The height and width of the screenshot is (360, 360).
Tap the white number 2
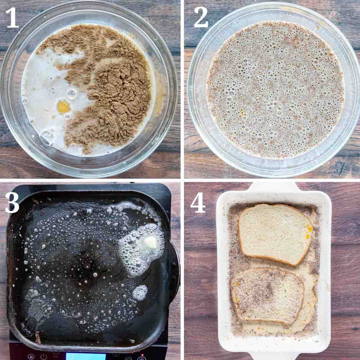click(x=201, y=18)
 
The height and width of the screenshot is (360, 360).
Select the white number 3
click(x=12, y=202)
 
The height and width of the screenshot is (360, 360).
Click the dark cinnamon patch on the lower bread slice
click(x=269, y=291)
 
